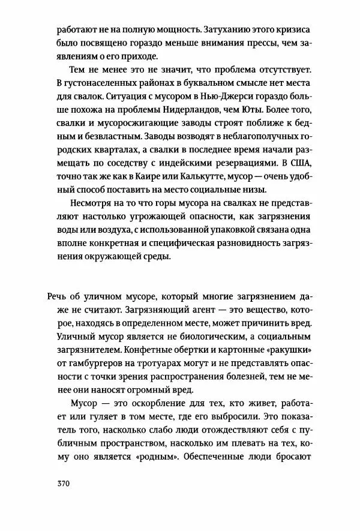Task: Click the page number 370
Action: [x=64, y=484]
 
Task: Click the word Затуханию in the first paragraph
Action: [x=226, y=29]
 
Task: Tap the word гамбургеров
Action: [x=97, y=364]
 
